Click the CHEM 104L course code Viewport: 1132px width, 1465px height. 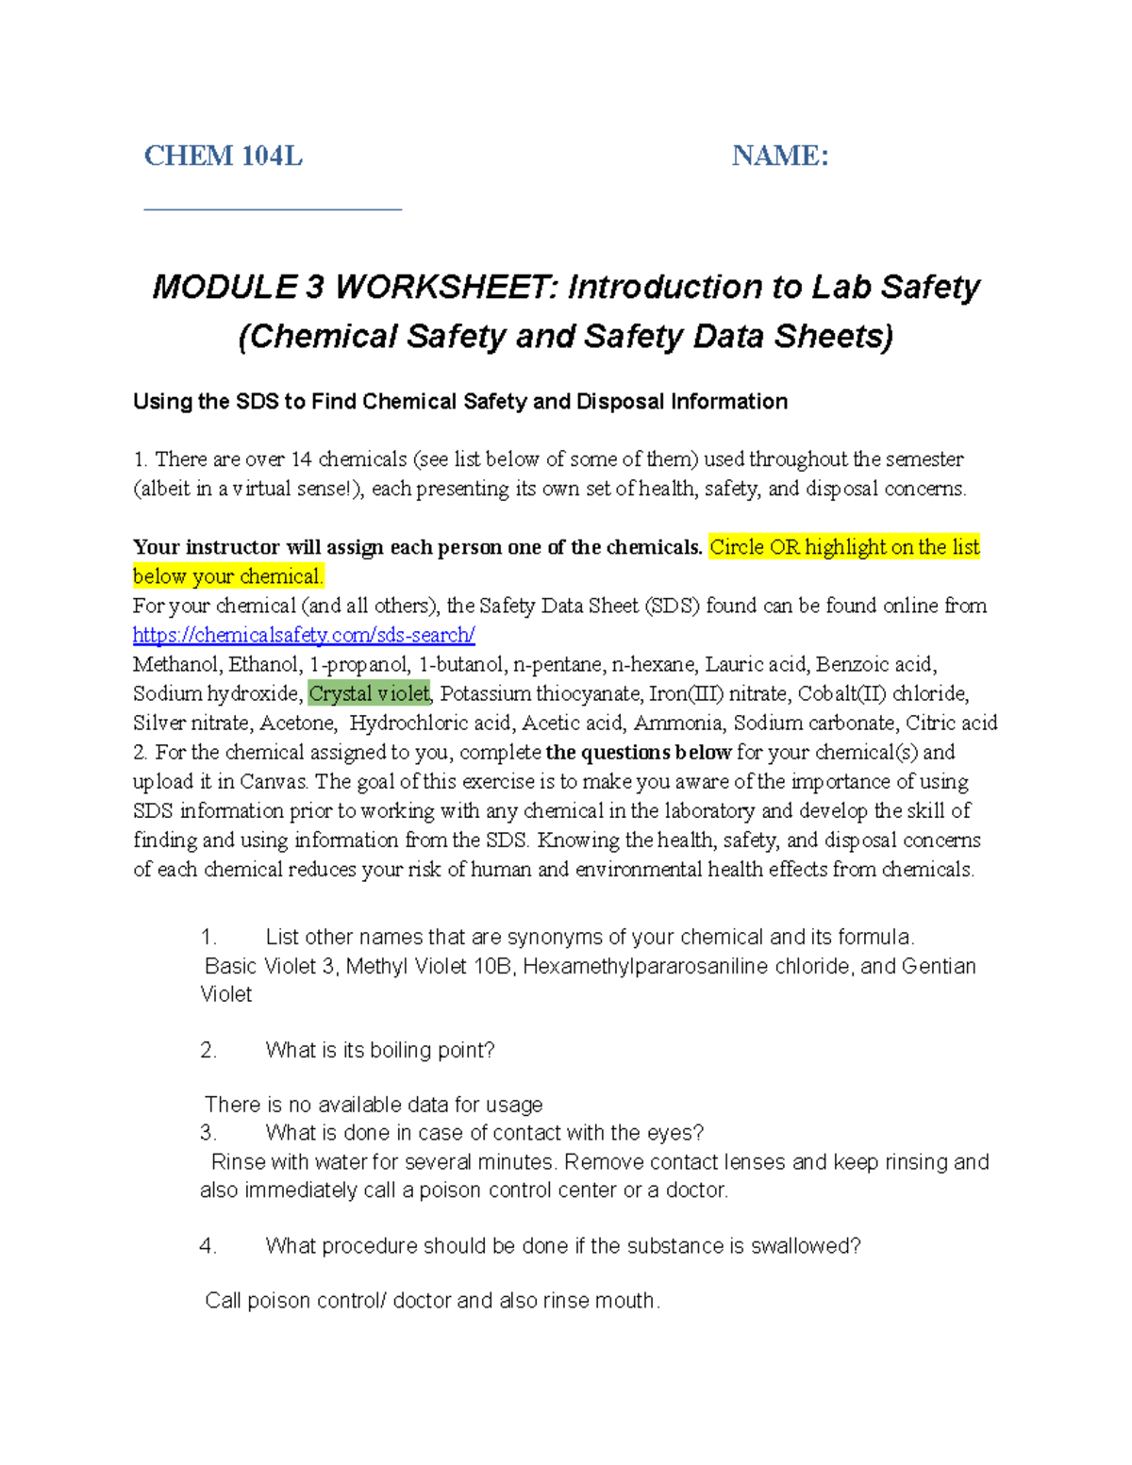(x=223, y=156)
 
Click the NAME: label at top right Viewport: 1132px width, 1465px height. (x=779, y=156)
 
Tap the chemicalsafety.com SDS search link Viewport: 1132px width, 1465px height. (x=304, y=635)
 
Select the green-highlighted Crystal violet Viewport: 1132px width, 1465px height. (x=369, y=693)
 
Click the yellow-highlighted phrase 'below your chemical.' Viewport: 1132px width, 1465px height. (x=228, y=576)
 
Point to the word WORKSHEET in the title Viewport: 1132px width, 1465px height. (x=446, y=287)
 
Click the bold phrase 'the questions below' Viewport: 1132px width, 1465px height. (x=639, y=752)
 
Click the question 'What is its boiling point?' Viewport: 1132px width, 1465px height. (x=379, y=1050)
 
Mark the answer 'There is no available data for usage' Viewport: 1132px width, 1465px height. (x=374, y=1105)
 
